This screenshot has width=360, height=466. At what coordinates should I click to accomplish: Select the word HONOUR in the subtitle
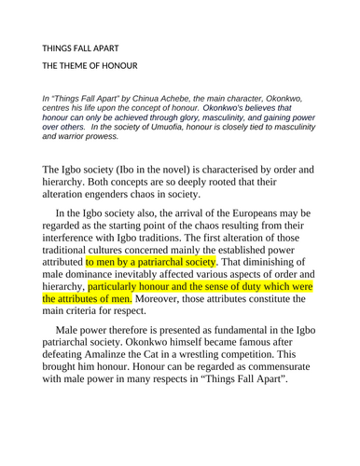click(119, 65)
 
